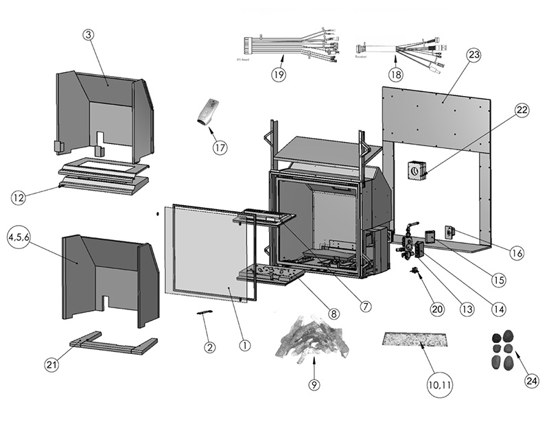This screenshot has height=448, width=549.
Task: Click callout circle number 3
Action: pyautogui.click(x=89, y=35)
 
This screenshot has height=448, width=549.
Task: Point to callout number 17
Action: pyautogui.click(x=220, y=147)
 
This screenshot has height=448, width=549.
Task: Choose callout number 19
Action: pyautogui.click(x=277, y=75)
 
